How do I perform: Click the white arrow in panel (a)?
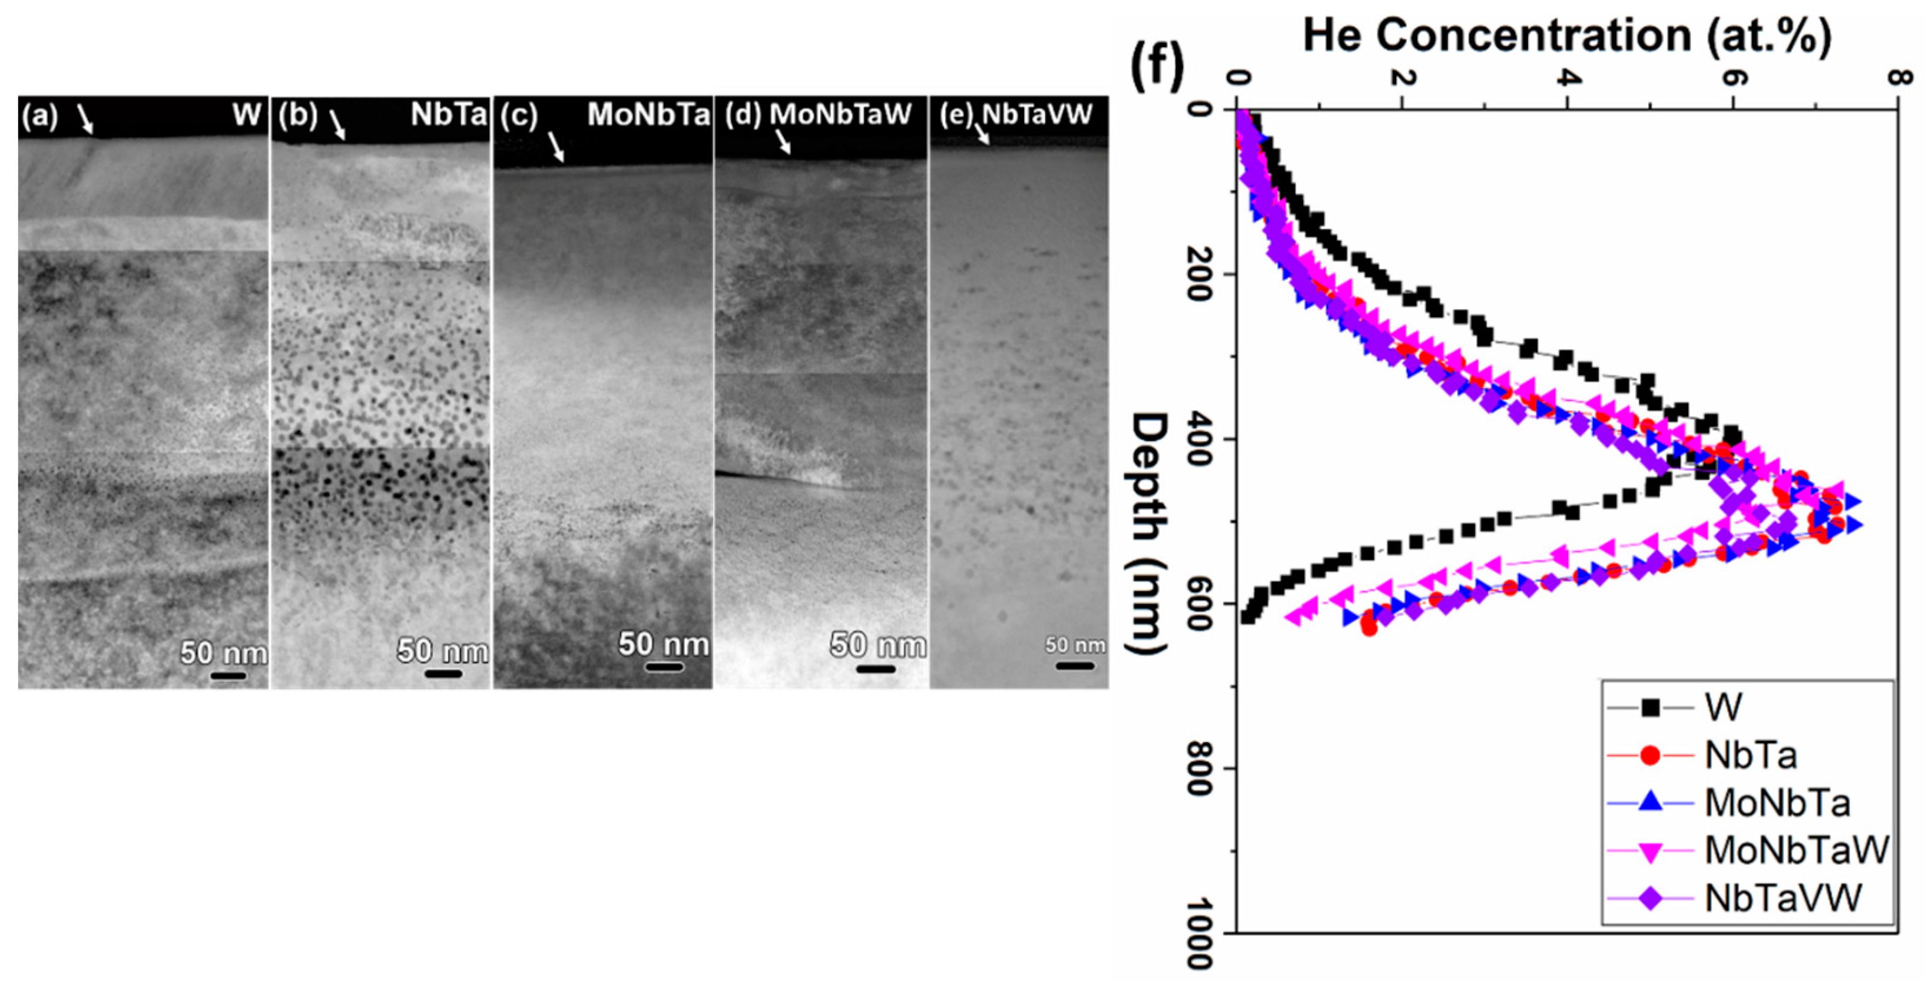coord(86,120)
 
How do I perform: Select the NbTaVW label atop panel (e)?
coord(1036,114)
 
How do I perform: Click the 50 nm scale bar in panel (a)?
coord(228,676)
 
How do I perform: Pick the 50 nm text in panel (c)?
coord(664,644)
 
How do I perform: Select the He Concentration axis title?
coord(1567,35)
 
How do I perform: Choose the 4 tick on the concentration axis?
coord(1567,78)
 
